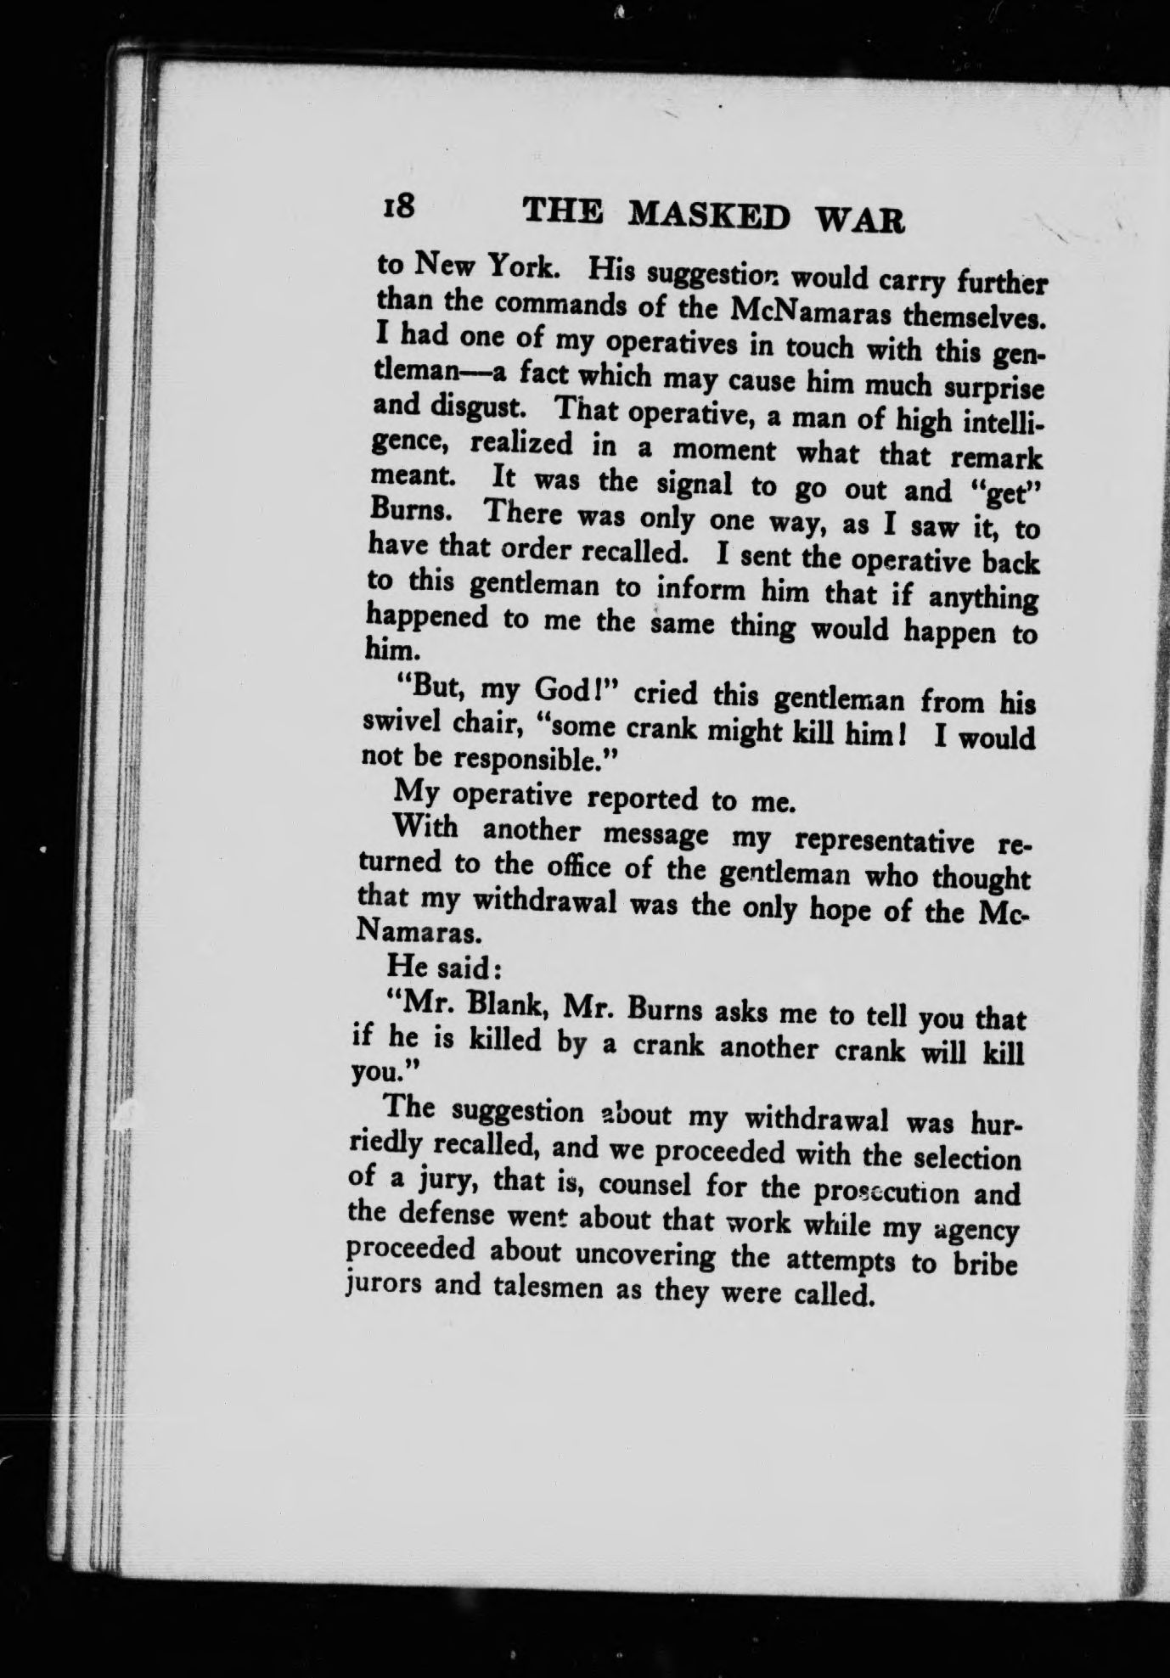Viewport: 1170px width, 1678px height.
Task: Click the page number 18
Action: click(x=397, y=206)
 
